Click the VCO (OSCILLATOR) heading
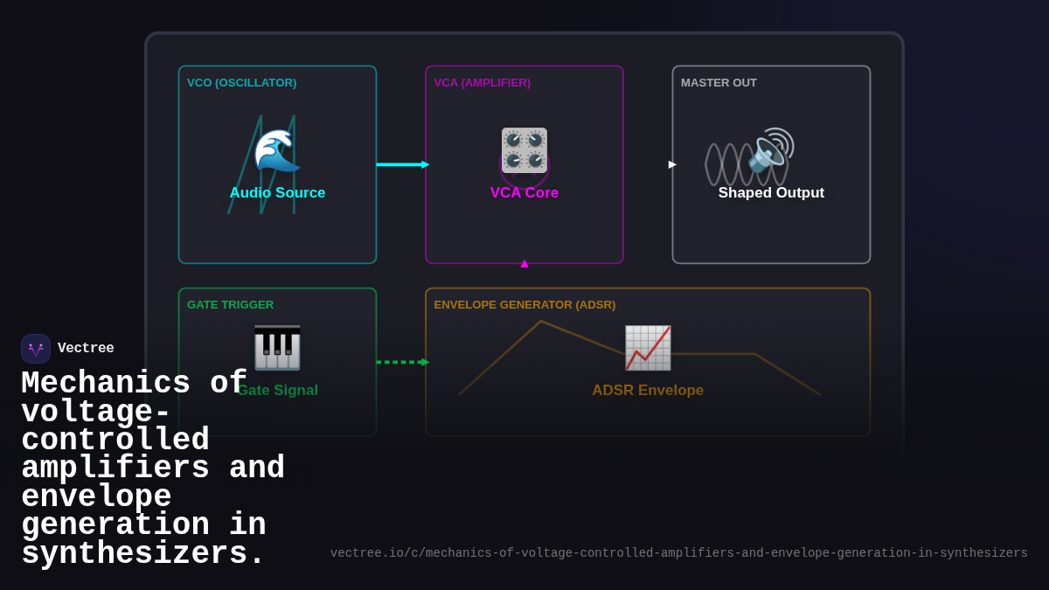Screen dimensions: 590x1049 [x=241, y=83]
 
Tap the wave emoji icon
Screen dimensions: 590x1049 [x=276, y=151]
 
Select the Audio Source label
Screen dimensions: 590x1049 [x=277, y=193]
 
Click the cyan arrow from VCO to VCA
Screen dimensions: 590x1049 [x=401, y=164]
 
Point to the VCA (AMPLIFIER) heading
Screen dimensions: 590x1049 [x=482, y=83]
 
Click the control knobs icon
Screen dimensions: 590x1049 [x=524, y=150]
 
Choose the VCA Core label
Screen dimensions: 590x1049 [x=524, y=193]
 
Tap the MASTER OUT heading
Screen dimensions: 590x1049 [x=719, y=83]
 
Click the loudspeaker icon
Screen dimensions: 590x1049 [x=771, y=150]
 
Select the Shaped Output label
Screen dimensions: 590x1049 [x=771, y=193]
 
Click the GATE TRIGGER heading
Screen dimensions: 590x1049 [x=230, y=305]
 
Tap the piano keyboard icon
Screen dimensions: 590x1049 [x=277, y=348]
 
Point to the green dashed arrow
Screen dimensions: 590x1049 [x=401, y=362]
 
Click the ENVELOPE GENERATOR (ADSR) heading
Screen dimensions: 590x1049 [x=524, y=305]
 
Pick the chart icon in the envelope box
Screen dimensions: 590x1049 [x=648, y=348]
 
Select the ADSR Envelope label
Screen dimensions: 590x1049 [x=648, y=391]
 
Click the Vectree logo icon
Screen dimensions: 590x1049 [x=36, y=349]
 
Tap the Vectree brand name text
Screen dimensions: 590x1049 [x=86, y=349]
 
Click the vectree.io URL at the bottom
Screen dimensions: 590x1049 [x=678, y=553]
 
